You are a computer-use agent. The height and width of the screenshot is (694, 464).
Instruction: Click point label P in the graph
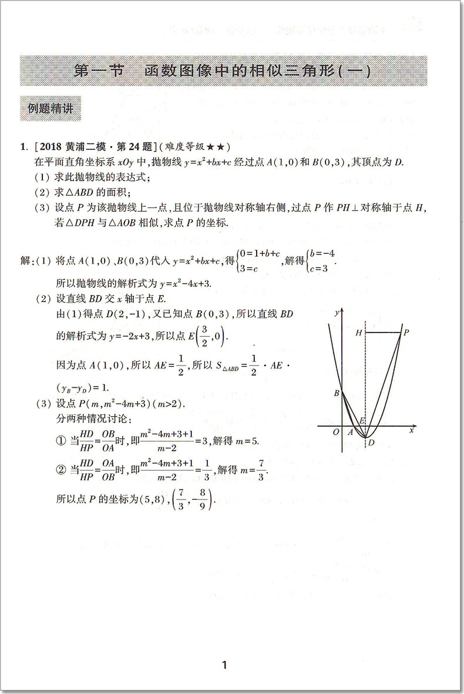pyautogui.click(x=406, y=332)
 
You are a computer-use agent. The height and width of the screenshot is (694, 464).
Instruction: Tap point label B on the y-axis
pyautogui.click(x=336, y=393)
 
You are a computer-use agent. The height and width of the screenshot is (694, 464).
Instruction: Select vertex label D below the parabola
pyautogui.click(x=370, y=442)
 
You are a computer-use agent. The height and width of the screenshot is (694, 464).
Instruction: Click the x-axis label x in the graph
pyautogui.click(x=412, y=431)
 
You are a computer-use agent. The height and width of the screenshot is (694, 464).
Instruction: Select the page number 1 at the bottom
pyautogui.click(x=224, y=666)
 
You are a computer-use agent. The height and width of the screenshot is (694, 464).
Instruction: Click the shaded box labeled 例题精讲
pyautogui.click(x=51, y=108)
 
